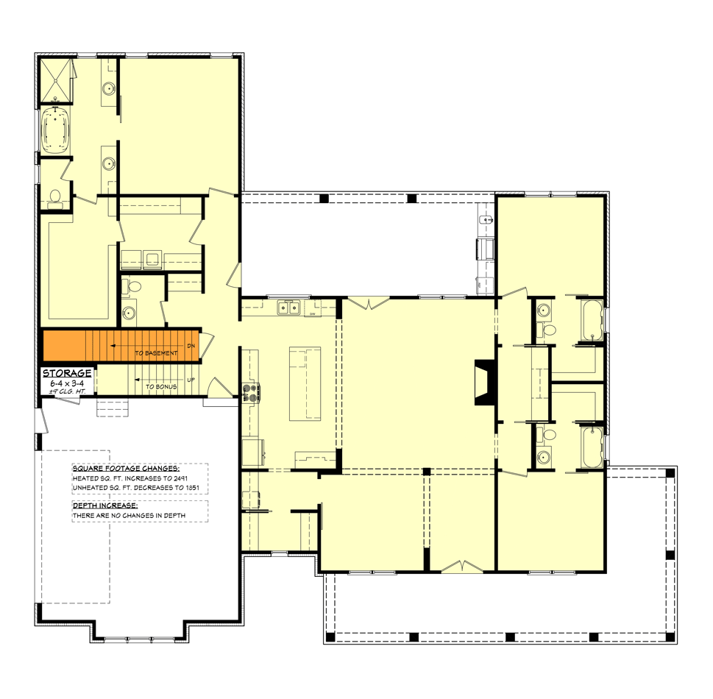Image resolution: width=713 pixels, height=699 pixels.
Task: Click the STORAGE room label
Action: [67, 373]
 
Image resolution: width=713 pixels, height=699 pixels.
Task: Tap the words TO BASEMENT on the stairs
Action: [156, 354]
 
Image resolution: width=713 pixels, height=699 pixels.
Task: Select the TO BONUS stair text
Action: [160, 386]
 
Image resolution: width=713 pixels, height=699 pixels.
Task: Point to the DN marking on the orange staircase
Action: [191, 345]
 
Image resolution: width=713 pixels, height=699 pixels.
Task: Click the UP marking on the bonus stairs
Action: [191, 380]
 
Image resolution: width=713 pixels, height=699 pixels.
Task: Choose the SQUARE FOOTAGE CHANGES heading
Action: [126, 468]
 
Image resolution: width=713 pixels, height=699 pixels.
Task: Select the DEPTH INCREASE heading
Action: [105, 505]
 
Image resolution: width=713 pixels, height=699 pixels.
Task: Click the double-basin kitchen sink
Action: [288, 308]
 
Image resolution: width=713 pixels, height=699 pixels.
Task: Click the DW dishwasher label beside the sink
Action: [312, 314]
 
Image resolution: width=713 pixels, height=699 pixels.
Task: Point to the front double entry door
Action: [461, 566]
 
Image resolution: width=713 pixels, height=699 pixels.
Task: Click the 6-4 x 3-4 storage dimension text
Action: [67, 383]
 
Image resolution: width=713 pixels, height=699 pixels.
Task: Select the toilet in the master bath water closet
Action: [54, 196]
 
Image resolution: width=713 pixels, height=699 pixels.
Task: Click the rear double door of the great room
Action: [368, 302]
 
